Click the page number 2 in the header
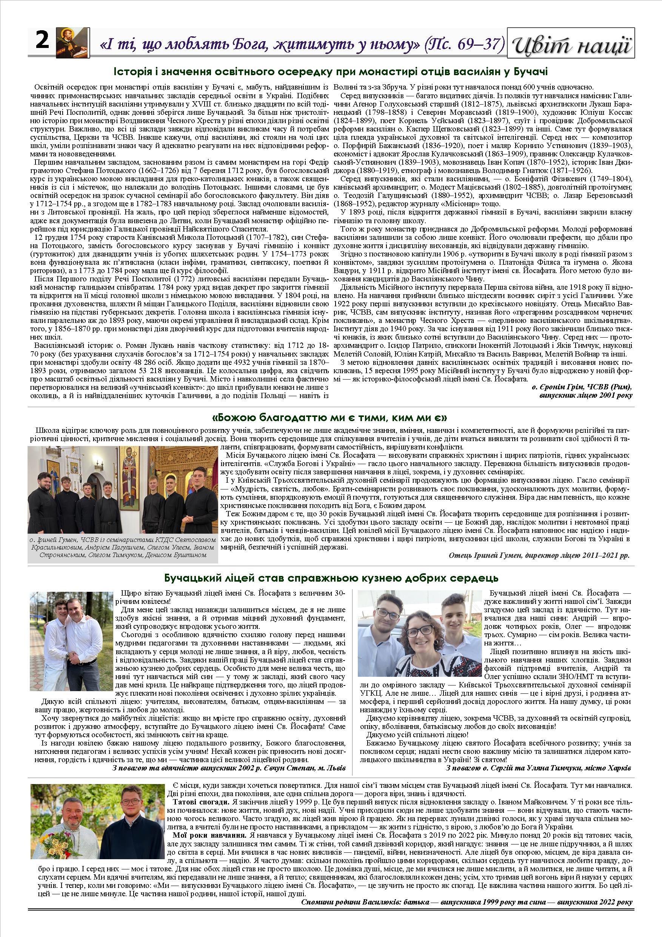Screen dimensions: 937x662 click(42, 41)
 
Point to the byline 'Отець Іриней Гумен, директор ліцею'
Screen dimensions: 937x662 click(539, 556)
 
